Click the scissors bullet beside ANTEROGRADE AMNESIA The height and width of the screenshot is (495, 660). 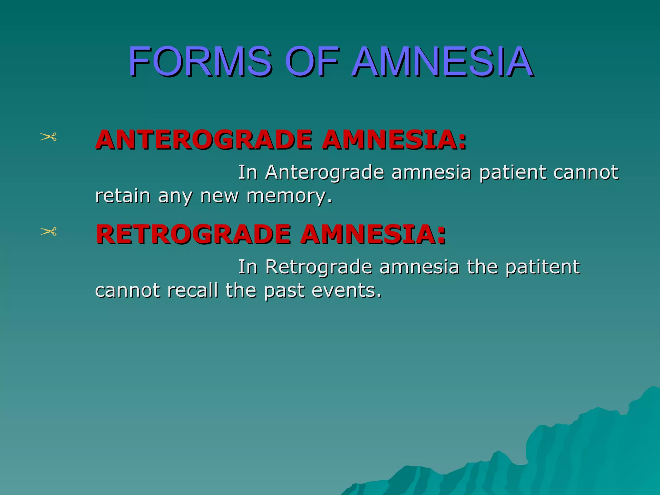pyautogui.click(x=48, y=137)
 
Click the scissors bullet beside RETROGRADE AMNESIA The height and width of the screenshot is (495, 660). pyautogui.click(x=48, y=231)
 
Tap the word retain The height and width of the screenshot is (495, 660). pyautogui.click(x=123, y=196)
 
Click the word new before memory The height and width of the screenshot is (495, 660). pyautogui.click(x=219, y=196)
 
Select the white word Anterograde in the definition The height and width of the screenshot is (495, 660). pyautogui.click(x=325, y=172)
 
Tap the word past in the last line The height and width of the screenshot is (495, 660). pyautogui.click(x=284, y=290)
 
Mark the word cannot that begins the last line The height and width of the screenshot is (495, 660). pyautogui.click(x=128, y=290)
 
